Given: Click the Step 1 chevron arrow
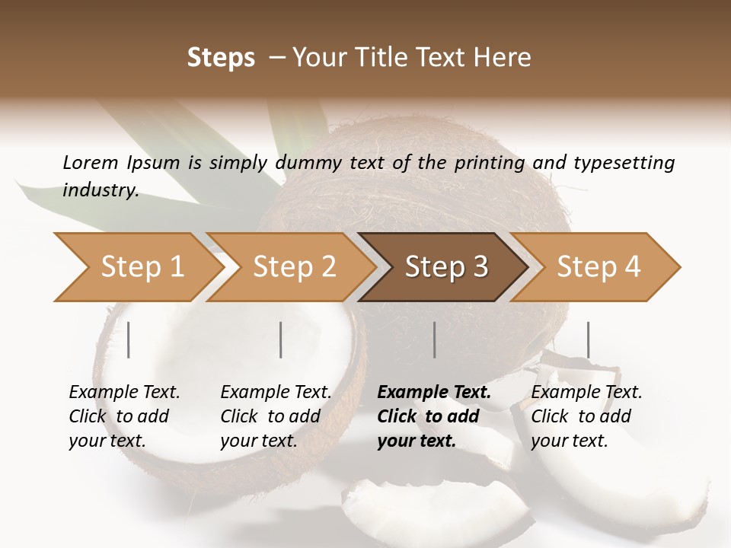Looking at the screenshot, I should (x=137, y=267).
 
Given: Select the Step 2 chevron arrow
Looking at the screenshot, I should (x=293, y=267).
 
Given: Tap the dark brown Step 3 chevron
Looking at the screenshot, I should (x=445, y=267).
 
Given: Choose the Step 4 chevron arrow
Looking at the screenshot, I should (x=598, y=267).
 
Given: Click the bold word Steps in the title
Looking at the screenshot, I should (x=221, y=58).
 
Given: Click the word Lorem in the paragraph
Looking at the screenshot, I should (x=89, y=162).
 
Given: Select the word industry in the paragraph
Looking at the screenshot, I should (x=100, y=190).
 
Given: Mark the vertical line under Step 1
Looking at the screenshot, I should (x=129, y=339).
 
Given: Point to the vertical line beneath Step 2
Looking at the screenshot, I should (x=281, y=339).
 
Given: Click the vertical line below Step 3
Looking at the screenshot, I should (x=434, y=339).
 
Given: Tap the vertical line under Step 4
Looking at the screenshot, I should (x=588, y=339).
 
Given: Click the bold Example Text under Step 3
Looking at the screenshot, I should (x=434, y=393).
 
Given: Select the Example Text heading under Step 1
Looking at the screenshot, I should (x=124, y=393).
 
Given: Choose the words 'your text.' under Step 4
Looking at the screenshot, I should (x=569, y=441).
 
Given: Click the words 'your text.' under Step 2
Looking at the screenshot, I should (x=258, y=441).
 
